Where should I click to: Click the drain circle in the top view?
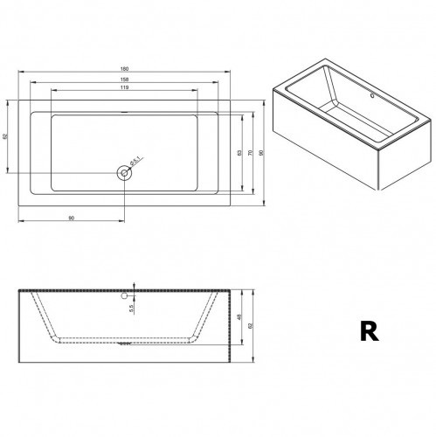125,173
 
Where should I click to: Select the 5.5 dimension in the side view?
132,306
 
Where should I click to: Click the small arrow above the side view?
135,284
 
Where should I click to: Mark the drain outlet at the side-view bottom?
125,343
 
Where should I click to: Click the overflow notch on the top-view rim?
125,113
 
